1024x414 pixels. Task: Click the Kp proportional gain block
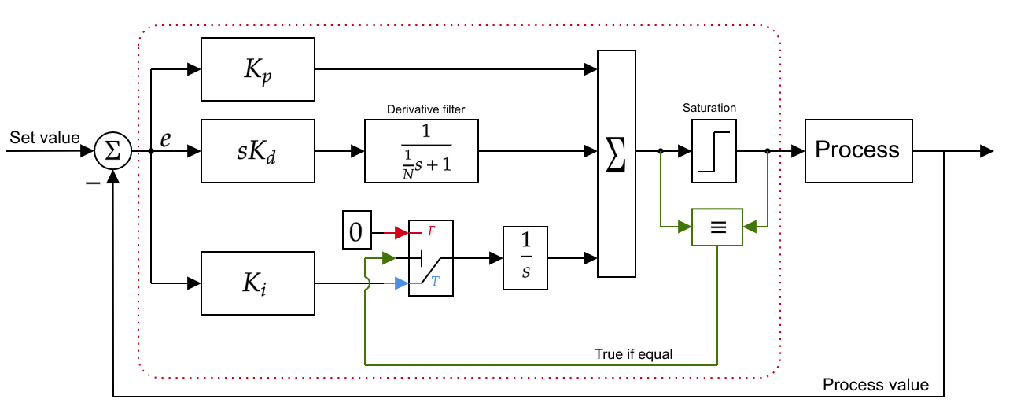click(x=258, y=69)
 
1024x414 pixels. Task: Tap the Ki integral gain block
click(x=258, y=283)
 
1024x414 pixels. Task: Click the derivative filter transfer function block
click(x=422, y=151)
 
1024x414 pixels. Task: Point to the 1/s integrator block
click(x=525, y=258)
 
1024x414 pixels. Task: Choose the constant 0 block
click(x=355, y=231)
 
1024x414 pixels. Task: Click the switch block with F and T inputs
click(x=431, y=258)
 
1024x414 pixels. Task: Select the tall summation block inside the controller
click(x=617, y=164)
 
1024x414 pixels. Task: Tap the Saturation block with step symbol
click(x=714, y=151)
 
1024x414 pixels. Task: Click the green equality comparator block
click(x=716, y=227)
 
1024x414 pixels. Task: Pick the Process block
click(x=858, y=151)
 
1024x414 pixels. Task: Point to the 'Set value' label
click(x=45, y=138)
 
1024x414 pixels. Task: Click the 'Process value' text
click(x=875, y=385)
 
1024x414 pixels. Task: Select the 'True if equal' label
click(x=634, y=353)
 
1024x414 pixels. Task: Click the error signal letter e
click(x=165, y=139)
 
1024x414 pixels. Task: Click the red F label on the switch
click(x=431, y=231)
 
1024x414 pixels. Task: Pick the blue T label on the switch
click(x=435, y=281)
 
